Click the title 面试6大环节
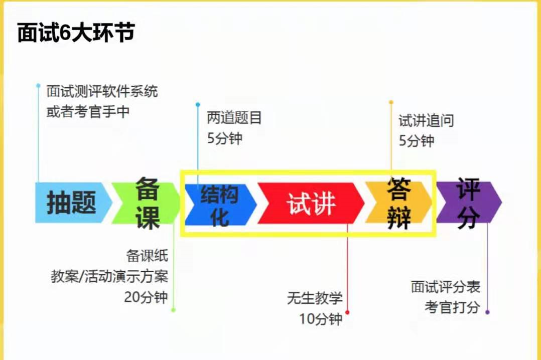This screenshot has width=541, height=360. coord(76,33)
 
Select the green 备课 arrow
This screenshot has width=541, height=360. coord(146,202)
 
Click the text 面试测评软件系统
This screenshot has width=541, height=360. coord(102,92)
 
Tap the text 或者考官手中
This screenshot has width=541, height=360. coord(88,111)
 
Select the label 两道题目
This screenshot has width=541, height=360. coord(234,118)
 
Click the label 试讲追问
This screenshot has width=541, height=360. coord(426,121)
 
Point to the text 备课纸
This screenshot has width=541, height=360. coord(147,256)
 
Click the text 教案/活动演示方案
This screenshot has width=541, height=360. coord(109,276)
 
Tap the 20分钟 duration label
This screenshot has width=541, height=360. coord(146,297)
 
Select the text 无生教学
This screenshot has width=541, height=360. coord(315,298)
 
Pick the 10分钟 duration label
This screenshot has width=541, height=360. coord(321,319)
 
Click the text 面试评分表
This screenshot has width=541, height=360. coord(446,287)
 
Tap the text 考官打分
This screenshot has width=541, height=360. coord(452,307)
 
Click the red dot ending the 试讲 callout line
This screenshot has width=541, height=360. coord(347,312)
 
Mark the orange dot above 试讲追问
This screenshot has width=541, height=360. coord(391,102)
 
